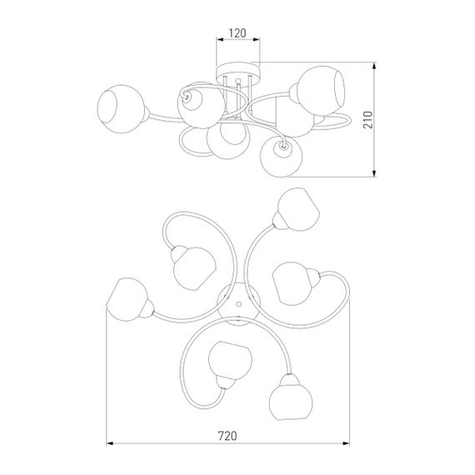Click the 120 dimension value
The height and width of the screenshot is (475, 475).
tap(237, 33)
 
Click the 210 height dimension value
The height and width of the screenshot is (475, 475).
tap(368, 120)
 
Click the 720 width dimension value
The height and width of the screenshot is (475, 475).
tap(227, 436)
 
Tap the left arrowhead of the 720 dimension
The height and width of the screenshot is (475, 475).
tap(109, 443)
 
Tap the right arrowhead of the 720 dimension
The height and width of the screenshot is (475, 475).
tap(346, 443)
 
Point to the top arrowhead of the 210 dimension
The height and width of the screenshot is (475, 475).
tap(374, 66)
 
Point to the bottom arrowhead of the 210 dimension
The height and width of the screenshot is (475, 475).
tap(374, 173)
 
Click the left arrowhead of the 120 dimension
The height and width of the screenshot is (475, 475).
tap(220, 39)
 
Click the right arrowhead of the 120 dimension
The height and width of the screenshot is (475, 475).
tap(257, 39)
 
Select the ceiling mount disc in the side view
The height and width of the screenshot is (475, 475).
tap(238, 72)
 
